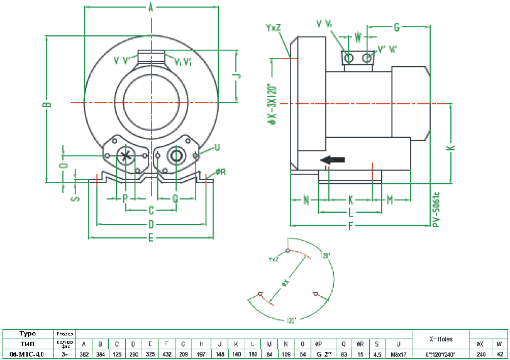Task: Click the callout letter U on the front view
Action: pos(217,147)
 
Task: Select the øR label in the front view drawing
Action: pos(220,171)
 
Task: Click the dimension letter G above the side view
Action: pos(397,27)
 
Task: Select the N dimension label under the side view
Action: pos(306,200)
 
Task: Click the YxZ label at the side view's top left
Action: pos(274,28)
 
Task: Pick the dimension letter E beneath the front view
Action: pos(151,237)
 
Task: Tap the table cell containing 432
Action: pos(166,354)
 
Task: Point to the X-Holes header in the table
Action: pos(441,339)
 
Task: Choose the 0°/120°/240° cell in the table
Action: pos(441,354)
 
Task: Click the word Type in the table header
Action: pos(28,334)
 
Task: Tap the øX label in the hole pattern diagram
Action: pos(285,283)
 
